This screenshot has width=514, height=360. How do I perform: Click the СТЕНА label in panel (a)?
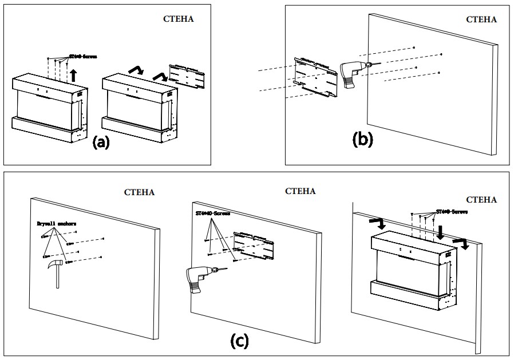(178, 18)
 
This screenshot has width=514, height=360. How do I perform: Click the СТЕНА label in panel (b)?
(481, 19)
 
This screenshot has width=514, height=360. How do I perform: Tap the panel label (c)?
(239, 341)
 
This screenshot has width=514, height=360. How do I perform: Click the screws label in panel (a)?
(83, 57)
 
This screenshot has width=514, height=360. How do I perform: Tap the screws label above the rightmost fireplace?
(452, 211)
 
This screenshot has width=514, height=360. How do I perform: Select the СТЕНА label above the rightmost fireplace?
(481, 200)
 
